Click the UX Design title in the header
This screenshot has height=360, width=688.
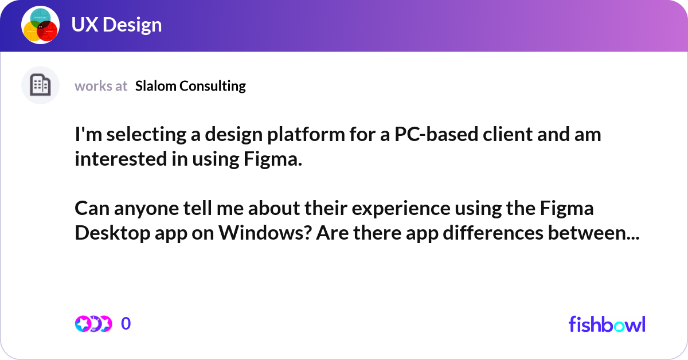116,25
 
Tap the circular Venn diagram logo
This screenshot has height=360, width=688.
40,26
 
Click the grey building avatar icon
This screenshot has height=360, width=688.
40,85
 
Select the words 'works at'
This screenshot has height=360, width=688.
101,86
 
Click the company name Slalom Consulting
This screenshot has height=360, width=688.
190,86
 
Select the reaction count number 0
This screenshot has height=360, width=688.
126,324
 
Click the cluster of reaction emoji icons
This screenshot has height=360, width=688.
93,324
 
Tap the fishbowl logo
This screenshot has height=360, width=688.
607,324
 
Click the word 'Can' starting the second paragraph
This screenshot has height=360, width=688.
89,208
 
